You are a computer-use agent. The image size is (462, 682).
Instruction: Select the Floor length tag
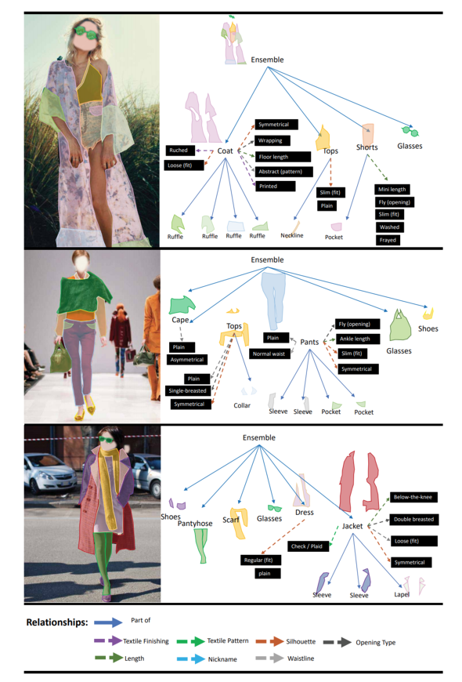[283, 157]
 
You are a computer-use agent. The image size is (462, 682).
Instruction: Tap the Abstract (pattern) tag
[283, 172]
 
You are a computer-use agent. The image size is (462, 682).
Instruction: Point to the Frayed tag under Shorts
[388, 240]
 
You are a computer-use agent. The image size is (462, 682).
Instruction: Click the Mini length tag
[392, 189]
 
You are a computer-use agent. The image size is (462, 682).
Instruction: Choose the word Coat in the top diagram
[226, 151]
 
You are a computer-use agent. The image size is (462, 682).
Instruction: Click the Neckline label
[292, 235]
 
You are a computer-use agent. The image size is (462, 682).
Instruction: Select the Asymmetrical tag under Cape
[187, 360]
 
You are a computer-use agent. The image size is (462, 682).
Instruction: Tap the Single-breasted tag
[188, 390]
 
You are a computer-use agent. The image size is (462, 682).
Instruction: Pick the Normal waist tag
[269, 354]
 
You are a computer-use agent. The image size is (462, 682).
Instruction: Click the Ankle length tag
[357, 339]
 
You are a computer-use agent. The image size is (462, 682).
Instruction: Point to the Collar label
[242, 405]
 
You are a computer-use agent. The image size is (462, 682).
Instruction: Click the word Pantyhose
[195, 523]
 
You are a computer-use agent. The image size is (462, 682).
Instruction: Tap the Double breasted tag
[414, 519]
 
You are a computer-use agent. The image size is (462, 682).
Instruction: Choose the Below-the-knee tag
[413, 497]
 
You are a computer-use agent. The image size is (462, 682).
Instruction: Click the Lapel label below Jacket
[402, 594]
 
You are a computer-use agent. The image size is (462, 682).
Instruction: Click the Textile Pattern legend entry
[212, 641]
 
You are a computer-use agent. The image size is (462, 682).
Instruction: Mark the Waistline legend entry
[285, 658]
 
